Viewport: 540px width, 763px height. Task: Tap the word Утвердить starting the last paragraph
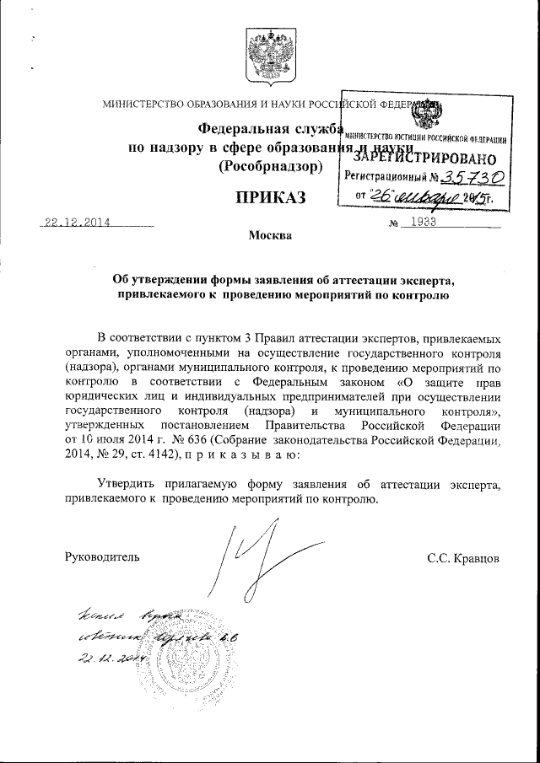pos(127,484)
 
